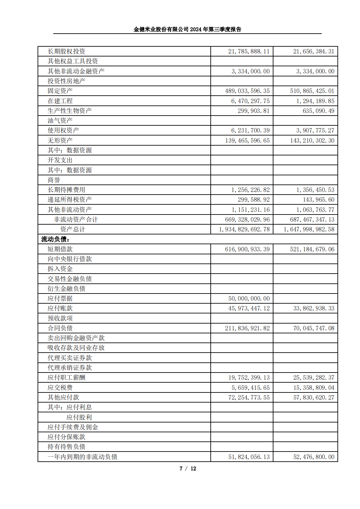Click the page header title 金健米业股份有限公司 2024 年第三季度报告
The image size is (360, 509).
187,29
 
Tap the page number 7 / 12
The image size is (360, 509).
188,469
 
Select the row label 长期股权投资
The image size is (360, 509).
66,51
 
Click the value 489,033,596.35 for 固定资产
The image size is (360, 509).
247,91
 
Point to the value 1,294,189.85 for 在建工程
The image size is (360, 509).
315,101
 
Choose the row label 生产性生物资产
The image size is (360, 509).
70,111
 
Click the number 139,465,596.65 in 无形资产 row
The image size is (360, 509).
247,140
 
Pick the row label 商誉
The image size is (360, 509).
54,180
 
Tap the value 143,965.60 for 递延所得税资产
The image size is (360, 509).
319,199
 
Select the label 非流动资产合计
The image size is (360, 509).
76,219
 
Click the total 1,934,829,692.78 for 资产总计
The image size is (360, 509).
244,229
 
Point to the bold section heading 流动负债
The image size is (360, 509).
55,239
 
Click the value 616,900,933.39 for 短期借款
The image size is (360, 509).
247,249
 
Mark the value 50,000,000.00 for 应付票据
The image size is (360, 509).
249,298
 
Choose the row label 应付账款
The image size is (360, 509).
60,308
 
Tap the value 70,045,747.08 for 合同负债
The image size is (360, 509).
314,328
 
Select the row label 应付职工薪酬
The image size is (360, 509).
66,377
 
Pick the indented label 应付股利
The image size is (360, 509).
79,417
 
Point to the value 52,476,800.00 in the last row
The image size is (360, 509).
314,457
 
